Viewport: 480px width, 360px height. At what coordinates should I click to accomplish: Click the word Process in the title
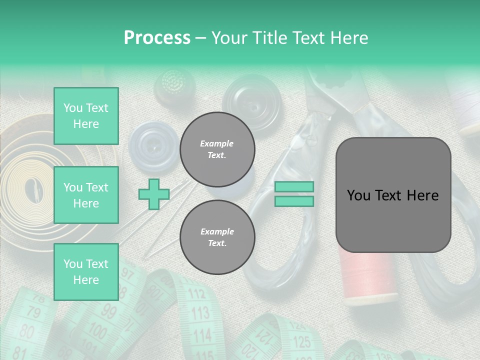pyautogui.click(x=157, y=38)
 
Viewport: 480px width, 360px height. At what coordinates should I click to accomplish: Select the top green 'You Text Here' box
pyautogui.click(x=86, y=116)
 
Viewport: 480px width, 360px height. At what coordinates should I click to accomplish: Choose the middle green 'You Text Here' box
pyautogui.click(x=86, y=195)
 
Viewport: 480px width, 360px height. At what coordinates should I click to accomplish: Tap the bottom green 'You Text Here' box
pyautogui.click(x=86, y=271)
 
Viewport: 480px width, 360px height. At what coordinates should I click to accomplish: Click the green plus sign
pyautogui.click(x=153, y=194)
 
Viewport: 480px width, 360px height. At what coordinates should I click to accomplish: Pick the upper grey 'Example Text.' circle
pyautogui.click(x=217, y=149)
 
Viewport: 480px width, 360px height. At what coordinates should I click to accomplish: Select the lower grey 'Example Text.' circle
pyautogui.click(x=217, y=237)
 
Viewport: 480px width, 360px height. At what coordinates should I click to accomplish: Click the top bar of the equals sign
pyautogui.click(x=294, y=187)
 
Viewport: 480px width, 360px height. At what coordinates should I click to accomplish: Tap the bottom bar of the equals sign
pyautogui.click(x=294, y=201)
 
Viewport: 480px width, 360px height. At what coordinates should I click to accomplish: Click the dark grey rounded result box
pyautogui.click(x=393, y=195)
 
